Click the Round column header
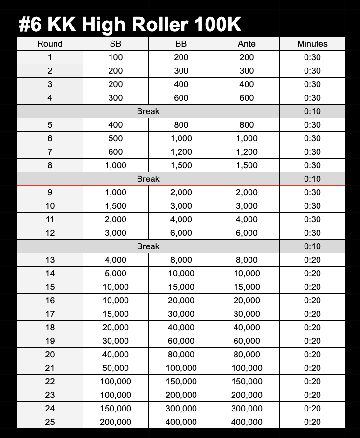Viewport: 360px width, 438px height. point(50,44)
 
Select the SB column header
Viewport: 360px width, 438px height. point(115,44)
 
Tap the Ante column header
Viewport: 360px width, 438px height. point(247,44)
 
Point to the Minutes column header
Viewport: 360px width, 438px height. point(312,44)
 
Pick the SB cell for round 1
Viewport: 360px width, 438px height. point(115,57)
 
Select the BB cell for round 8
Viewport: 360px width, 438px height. point(181,165)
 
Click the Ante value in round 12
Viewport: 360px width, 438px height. point(247,233)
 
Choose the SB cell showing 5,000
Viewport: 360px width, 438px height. point(115,274)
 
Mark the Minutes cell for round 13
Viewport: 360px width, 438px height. point(312,260)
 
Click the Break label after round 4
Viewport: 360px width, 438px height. point(148,111)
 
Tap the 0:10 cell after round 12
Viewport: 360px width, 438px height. point(312,246)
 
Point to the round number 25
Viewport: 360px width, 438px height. point(50,422)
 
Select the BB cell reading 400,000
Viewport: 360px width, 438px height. point(181,422)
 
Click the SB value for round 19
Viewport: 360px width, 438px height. point(115,341)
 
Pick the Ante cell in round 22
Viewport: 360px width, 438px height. point(247,382)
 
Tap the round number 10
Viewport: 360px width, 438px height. point(50,206)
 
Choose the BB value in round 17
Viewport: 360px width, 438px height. point(181,314)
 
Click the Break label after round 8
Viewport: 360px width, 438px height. point(148,179)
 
